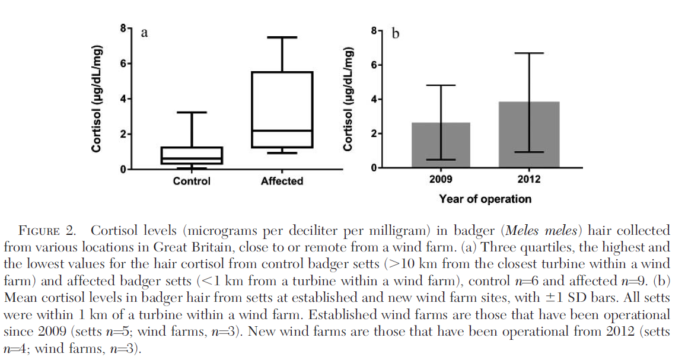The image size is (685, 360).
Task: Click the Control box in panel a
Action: pyautogui.click(x=191, y=155)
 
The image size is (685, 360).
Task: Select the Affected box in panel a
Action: pyautogui.click(x=282, y=110)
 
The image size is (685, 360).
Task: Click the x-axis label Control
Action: pyautogui.click(x=191, y=181)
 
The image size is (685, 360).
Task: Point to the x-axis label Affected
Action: pyautogui.click(x=282, y=181)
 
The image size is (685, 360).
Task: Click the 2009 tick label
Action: pyautogui.click(x=441, y=179)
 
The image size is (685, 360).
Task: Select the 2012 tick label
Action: pyautogui.click(x=529, y=179)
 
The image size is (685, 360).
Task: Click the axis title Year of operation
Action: pyautogui.click(x=485, y=199)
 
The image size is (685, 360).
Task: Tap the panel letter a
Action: pyautogui.click(x=144, y=33)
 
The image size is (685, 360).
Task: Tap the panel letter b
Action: pyautogui.click(x=396, y=33)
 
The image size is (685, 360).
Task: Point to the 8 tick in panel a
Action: pyautogui.click(x=124, y=28)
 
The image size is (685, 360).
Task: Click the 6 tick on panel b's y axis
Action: pyautogui.click(x=374, y=65)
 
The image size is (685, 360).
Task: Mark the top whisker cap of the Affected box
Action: pyautogui.click(x=282, y=37)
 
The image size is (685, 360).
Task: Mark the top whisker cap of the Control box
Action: pyautogui.click(x=191, y=112)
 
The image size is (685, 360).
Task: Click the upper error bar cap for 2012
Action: pyautogui.click(x=529, y=53)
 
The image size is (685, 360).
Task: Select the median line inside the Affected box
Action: pyautogui.click(x=282, y=130)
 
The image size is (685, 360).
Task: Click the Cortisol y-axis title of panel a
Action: pyautogui.click(x=96, y=98)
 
